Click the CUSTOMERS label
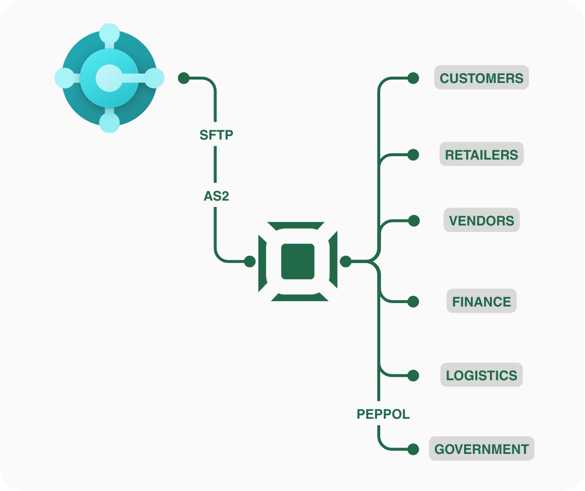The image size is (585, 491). pyautogui.click(x=481, y=78)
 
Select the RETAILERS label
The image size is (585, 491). pyautogui.click(x=481, y=155)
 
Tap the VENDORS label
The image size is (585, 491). pyautogui.click(x=481, y=221)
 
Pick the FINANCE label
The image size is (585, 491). pyautogui.click(x=481, y=302)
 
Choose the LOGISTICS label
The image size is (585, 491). pyautogui.click(x=481, y=375)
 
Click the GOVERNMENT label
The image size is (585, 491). pyautogui.click(x=481, y=449)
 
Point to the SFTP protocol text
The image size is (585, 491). pyautogui.click(x=216, y=135)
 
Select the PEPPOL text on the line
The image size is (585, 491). pyautogui.click(x=383, y=414)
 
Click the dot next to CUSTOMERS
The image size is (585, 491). pyautogui.click(x=413, y=78)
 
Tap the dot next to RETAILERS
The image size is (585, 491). pyautogui.click(x=413, y=155)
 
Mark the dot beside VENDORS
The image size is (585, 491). pyautogui.click(x=413, y=221)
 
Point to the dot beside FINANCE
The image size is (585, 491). pyautogui.click(x=413, y=302)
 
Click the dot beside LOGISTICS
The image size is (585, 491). pyautogui.click(x=413, y=375)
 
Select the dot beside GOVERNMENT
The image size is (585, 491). pyautogui.click(x=413, y=449)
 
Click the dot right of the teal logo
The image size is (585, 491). pyautogui.click(x=184, y=78)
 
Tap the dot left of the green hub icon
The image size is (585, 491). pyautogui.click(x=250, y=262)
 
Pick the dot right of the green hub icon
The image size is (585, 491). pyautogui.click(x=346, y=262)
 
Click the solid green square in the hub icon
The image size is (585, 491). pyautogui.click(x=298, y=262)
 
